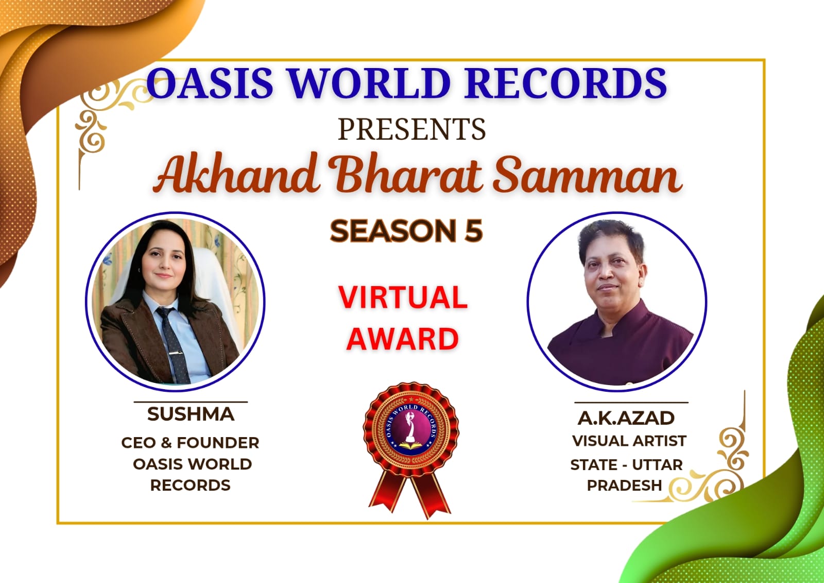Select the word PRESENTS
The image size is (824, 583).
pos(411,129)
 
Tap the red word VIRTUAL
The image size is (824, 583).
pos(403,297)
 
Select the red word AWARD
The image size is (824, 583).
pos(402,339)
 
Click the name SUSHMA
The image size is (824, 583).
pos(191,414)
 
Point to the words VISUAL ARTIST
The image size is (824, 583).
pos(629,441)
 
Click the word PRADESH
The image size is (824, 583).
pos(624,485)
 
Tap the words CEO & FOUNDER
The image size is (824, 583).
pos(190,443)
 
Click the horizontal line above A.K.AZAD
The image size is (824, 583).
pos(631,403)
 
